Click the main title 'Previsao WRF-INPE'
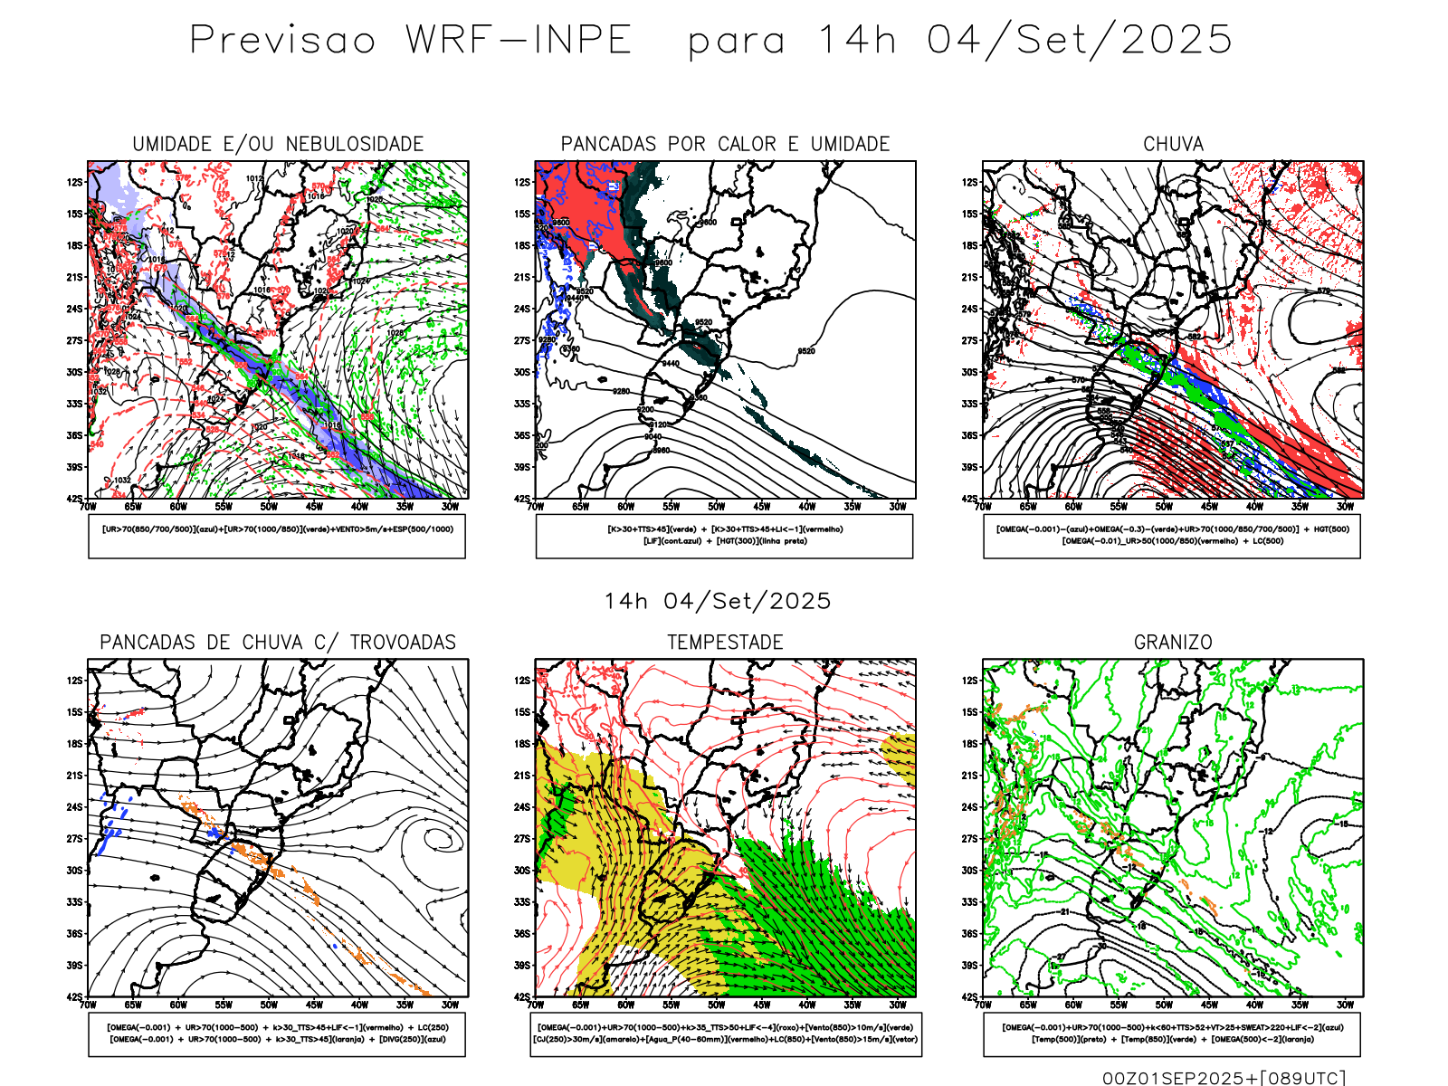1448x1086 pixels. coord(411,40)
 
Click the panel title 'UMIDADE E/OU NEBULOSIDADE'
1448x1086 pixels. coord(278,144)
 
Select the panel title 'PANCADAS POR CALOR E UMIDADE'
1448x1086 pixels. coord(725,144)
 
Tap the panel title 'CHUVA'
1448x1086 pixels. coord(1173,144)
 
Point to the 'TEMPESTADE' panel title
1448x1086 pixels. coord(725,643)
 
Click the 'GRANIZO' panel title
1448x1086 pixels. coord(1173,643)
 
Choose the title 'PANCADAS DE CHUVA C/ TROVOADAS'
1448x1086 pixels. coord(278,643)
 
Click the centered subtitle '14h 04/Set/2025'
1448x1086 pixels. coord(718,601)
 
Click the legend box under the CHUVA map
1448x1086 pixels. coord(1172,536)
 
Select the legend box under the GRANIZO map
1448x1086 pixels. coord(1172,1034)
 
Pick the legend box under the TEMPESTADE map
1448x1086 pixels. coord(725,1034)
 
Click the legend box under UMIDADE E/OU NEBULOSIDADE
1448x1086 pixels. coord(277,536)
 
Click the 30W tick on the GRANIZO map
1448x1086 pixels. coord(1345,1005)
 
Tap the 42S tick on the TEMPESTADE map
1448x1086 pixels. coord(522,997)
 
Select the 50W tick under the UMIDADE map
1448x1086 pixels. coord(269,507)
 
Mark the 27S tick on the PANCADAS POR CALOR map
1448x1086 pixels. coord(522,341)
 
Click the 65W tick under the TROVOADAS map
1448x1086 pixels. coord(133,1005)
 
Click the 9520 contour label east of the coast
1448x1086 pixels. coord(805,351)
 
